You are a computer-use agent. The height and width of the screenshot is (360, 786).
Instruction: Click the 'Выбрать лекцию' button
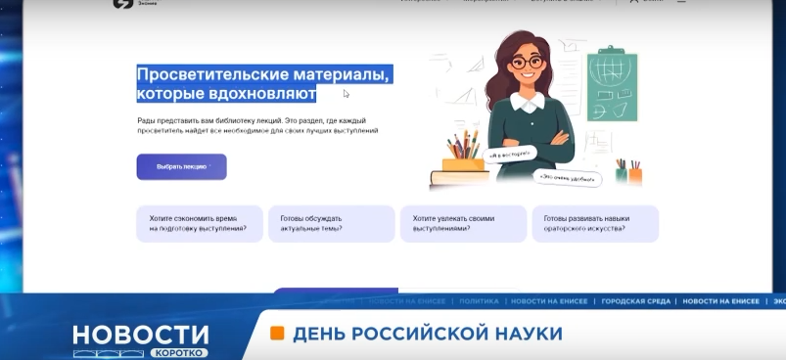(x=181, y=166)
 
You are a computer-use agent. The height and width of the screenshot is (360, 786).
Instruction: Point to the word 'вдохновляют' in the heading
(x=262, y=94)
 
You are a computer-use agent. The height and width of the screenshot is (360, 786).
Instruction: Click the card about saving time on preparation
(x=199, y=223)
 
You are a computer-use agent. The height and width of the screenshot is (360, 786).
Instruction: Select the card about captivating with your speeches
(x=463, y=223)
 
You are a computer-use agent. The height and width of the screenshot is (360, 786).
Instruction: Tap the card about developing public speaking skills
(x=594, y=223)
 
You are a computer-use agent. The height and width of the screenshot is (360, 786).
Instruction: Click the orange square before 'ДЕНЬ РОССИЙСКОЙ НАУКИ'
(x=277, y=333)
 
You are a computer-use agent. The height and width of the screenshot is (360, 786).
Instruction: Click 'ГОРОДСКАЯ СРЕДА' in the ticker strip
(x=636, y=300)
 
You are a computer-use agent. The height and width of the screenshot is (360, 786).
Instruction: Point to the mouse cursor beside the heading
(x=347, y=94)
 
